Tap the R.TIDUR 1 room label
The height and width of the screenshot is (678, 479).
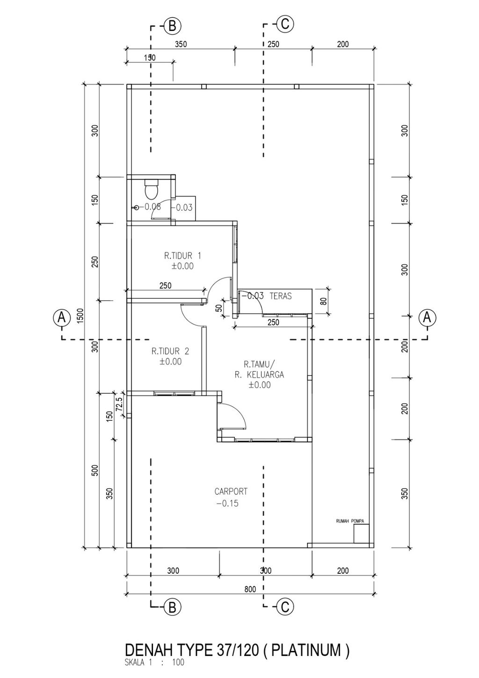[182, 256]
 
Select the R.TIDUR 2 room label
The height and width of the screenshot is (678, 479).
[170, 351]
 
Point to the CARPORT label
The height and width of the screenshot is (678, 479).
[231, 491]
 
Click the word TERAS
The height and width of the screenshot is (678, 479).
[281, 296]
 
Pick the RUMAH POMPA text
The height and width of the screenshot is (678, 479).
[350, 521]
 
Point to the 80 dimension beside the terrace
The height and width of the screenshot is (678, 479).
[323, 302]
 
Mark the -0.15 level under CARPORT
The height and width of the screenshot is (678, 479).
[227, 503]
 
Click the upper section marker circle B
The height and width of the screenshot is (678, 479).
[172, 26]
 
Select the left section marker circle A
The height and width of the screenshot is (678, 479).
[62, 318]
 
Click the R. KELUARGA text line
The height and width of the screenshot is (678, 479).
[260, 375]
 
